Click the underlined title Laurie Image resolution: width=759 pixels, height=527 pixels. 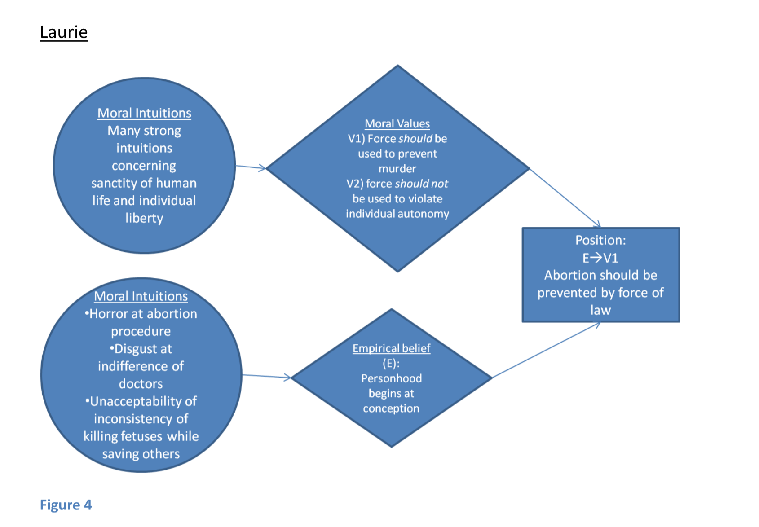click(64, 32)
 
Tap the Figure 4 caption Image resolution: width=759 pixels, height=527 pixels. click(66, 505)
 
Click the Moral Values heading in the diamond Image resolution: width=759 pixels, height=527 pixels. click(397, 123)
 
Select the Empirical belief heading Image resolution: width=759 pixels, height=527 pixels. click(391, 348)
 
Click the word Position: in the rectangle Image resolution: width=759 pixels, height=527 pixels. click(600, 240)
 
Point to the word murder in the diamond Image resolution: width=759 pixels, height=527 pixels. click(397, 169)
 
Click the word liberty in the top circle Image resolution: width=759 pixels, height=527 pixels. click(144, 218)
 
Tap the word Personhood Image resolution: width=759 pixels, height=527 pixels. click(391, 378)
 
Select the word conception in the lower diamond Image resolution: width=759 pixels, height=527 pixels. click(391, 408)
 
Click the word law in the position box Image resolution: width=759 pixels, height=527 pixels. click(600, 310)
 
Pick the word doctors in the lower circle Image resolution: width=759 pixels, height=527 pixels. click(141, 384)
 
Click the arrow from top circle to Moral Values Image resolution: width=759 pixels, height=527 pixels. click(251, 167)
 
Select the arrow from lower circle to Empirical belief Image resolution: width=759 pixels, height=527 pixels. click(266, 376)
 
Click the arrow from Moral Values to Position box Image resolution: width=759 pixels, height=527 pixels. click(565, 198)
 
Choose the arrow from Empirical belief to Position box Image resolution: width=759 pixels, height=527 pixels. click(546, 350)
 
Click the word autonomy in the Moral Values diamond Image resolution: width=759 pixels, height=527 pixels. click(425, 214)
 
